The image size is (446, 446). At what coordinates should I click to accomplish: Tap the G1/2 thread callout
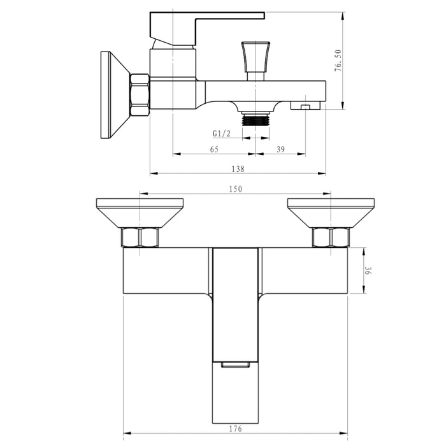(x=221, y=134)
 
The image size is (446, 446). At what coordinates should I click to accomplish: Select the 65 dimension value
(x=214, y=149)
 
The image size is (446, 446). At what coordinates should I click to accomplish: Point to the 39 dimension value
(x=281, y=149)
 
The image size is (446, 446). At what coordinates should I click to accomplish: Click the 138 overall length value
(x=237, y=169)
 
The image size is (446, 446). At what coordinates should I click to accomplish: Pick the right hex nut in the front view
(x=331, y=238)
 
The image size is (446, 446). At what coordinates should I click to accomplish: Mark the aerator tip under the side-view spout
(x=305, y=106)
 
